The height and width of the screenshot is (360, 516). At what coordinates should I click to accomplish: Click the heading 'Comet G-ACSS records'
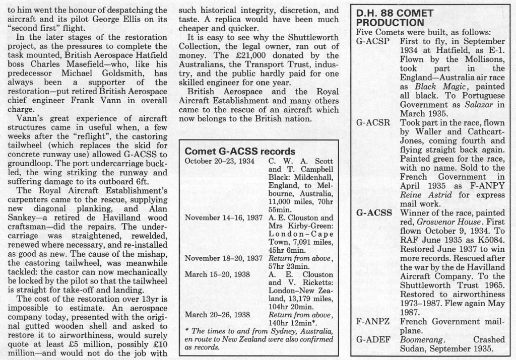240,151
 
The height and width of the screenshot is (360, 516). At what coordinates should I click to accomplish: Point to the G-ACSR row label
373,122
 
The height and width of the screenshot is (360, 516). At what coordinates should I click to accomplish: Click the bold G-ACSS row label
374,213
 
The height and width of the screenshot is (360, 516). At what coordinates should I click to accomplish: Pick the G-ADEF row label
373,340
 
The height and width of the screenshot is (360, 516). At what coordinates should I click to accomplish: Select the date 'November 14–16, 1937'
224,218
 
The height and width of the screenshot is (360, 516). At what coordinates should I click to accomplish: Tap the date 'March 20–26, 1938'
217,315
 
